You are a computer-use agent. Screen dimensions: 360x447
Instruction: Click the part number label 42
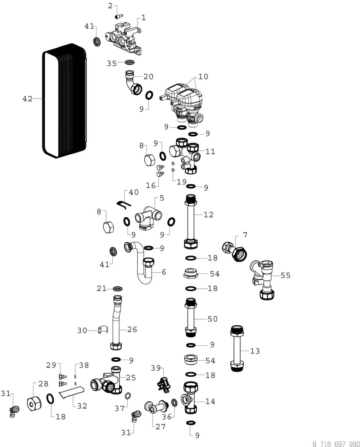[27, 99]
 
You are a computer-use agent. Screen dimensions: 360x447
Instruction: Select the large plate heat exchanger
[64, 101]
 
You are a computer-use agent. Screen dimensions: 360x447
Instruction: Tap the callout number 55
[285, 275]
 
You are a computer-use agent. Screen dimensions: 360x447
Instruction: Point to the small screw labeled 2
[119, 17]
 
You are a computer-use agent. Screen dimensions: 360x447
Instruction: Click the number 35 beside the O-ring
[112, 63]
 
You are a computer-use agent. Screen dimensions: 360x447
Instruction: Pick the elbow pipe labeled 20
[134, 83]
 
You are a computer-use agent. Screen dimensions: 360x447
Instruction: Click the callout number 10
[203, 77]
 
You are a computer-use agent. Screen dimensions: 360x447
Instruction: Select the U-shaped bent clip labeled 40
[123, 205]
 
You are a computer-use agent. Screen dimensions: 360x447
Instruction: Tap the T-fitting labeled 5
[148, 218]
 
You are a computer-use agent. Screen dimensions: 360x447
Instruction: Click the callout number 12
[208, 215]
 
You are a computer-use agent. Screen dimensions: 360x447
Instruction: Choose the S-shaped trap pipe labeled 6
[139, 263]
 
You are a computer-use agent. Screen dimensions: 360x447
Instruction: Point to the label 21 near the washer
[102, 288]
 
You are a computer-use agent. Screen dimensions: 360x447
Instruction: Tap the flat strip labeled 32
[72, 392]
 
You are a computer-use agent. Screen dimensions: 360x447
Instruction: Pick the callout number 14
[210, 401]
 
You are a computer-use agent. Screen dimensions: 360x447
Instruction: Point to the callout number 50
[212, 319]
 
